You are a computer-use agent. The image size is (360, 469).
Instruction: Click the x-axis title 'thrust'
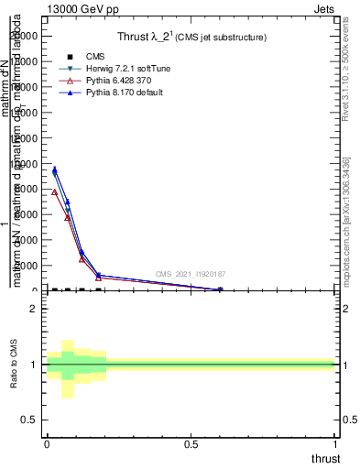click(325, 459)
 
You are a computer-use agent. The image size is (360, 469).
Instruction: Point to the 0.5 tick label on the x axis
click(191, 444)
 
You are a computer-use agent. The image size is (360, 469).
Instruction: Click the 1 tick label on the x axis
click(335, 444)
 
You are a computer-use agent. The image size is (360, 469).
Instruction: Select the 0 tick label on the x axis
click(47, 444)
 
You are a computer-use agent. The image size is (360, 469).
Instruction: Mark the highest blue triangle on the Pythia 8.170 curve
click(54, 169)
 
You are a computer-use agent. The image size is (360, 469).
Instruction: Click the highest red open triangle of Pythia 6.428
click(54, 192)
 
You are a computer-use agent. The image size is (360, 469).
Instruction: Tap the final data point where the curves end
click(220, 289)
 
